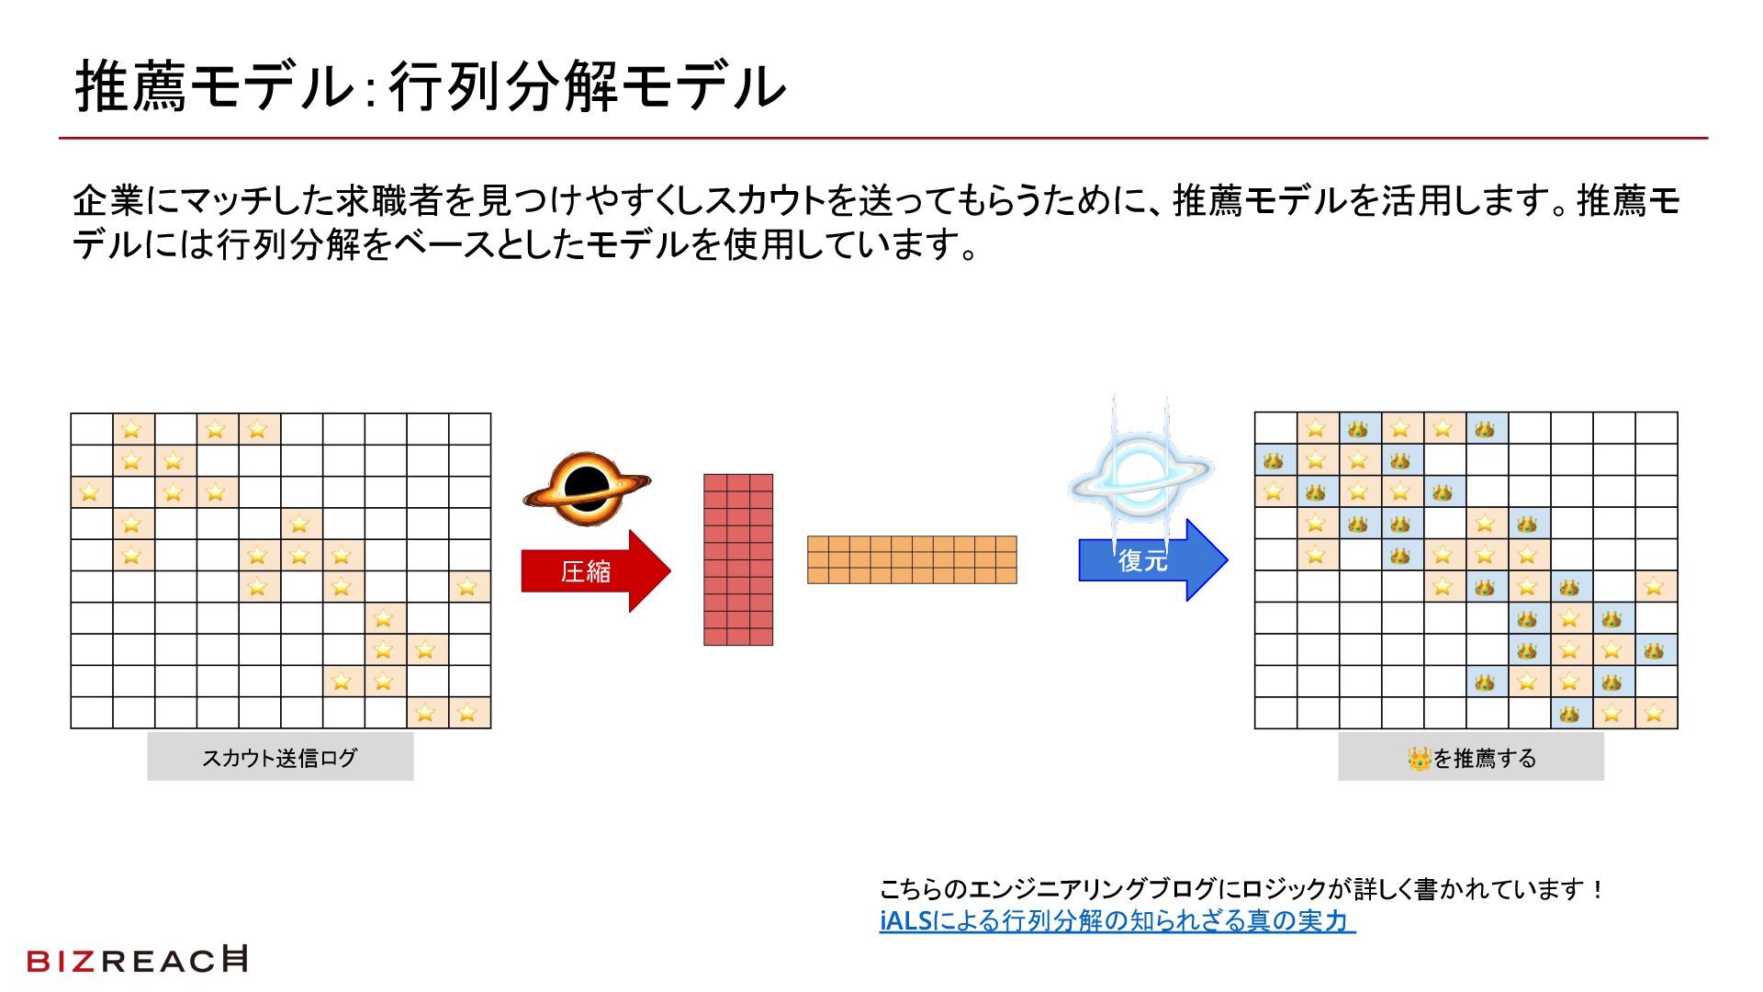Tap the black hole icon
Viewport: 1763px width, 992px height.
click(587, 488)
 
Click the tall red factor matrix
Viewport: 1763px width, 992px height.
click(738, 559)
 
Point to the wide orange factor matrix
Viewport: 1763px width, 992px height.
click(912, 559)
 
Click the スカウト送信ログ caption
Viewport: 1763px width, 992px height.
click(280, 758)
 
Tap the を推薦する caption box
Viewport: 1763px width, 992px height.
click(1470, 758)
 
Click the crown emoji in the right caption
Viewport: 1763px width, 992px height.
click(1419, 759)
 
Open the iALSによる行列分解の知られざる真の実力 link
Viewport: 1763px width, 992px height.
click(1117, 920)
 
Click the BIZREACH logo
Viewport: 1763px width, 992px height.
click(138, 960)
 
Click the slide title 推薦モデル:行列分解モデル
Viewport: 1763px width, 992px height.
click(430, 86)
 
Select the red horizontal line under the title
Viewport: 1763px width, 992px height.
click(881, 139)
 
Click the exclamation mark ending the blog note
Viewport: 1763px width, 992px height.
click(1598, 889)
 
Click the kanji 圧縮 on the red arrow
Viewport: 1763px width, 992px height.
click(586, 571)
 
